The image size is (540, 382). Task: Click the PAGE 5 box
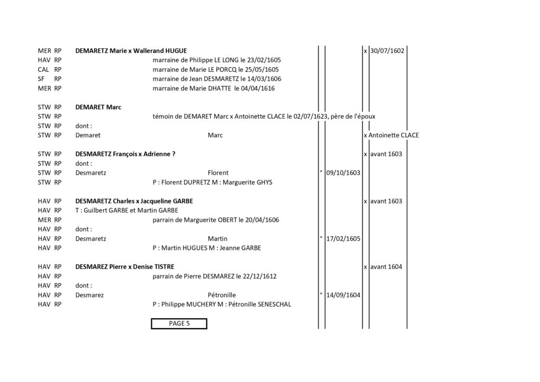tap(179, 323)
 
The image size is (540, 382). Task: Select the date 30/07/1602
tap(387, 51)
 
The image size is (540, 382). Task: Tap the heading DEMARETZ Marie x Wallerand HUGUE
tap(131, 51)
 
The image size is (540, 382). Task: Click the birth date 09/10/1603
tap(343, 173)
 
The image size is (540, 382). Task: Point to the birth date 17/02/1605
tap(343, 238)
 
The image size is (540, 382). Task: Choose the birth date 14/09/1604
tap(343, 295)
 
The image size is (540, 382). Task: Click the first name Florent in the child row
tap(218, 173)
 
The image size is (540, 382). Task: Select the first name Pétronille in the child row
tap(222, 295)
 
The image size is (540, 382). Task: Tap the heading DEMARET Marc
tap(98, 107)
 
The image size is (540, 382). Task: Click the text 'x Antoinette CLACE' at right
tap(391, 135)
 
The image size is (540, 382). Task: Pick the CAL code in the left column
tap(43, 69)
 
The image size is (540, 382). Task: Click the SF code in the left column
tap(41, 79)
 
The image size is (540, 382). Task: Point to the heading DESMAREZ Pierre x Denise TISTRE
tap(124, 266)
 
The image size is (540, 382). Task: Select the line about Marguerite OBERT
tap(216, 220)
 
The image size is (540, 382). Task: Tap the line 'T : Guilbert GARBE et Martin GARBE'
tap(127, 210)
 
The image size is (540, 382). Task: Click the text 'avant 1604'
tap(386, 266)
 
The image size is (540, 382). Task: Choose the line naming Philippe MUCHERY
tap(222, 304)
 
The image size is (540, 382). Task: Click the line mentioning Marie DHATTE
tap(214, 88)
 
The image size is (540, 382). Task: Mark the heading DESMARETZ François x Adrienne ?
tap(126, 154)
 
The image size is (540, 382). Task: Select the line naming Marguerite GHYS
tap(213, 182)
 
